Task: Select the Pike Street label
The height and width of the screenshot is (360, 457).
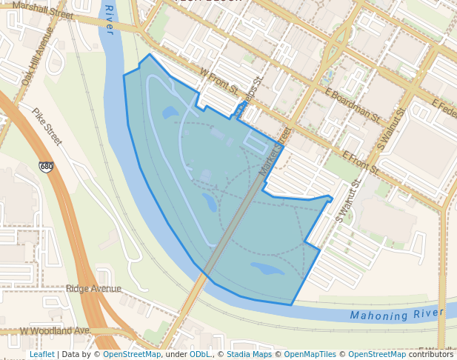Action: pyautogui.click(x=47, y=126)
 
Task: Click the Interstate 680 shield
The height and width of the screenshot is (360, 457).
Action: pyautogui.click(x=47, y=167)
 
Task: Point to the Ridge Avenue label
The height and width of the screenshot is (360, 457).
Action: pyautogui.click(x=93, y=288)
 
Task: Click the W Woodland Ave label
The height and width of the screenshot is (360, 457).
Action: pyautogui.click(x=54, y=330)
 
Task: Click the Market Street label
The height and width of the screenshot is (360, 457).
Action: pyautogui.click(x=275, y=153)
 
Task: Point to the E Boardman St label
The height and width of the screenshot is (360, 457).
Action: pyautogui.click(x=353, y=105)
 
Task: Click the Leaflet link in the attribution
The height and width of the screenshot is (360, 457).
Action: pyautogui.click(x=41, y=354)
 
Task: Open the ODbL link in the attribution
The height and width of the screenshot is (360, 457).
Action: pyautogui.click(x=199, y=354)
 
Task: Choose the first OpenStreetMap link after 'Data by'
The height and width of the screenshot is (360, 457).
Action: pyautogui.click(x=132, y=354)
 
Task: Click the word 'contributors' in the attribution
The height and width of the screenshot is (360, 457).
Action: pyautogui.click(x=431, y=354)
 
